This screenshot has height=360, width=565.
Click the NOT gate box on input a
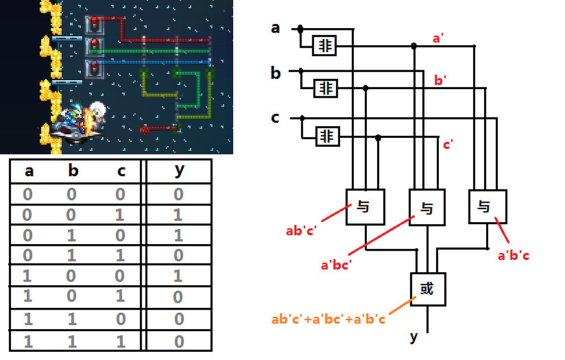click(324, 46)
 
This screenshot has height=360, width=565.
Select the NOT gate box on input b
click(326, 88)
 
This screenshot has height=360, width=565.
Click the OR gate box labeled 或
click(427, 289)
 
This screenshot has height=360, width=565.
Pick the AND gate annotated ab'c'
click(364, 206)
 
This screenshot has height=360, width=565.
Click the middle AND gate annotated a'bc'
click(426, 208)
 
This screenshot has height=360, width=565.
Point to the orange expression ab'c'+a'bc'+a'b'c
click(328, 320)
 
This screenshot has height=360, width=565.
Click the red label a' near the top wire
click(437, 38)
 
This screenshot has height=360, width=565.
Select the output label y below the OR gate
click(413, 337)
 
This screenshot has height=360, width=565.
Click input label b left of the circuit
click(276, 73)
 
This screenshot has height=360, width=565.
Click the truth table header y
click(179, 170)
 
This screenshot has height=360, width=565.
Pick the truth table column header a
click(29, 171)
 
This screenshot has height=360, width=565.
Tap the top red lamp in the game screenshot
click(95, 23)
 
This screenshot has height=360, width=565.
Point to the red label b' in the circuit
click(442, 81)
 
